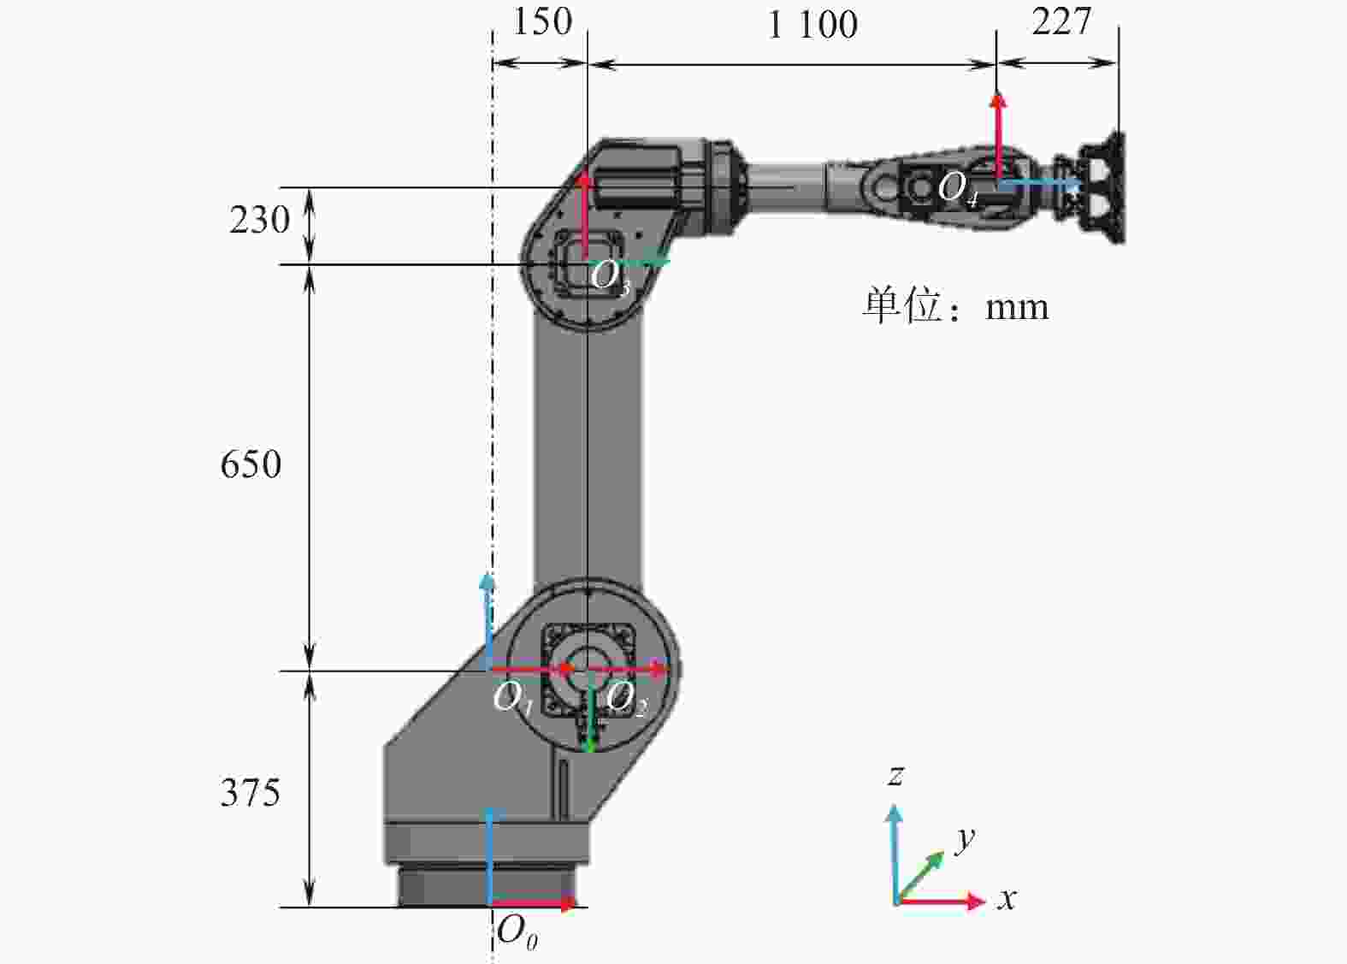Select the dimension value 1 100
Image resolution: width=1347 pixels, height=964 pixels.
(x=813, y=26)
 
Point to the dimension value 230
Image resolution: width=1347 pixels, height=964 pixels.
(x=260, y=220)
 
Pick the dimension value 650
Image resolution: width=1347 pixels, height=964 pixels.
(x=251, y=464)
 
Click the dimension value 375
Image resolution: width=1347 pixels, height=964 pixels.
(x=251, y=793)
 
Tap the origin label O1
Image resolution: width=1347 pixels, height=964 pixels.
(x=512, y=700)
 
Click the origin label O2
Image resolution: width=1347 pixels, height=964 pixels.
(x=625, y=700)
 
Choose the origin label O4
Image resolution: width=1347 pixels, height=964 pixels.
(x=959, y=189)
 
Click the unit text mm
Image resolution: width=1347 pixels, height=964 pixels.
(x=1017, y=308)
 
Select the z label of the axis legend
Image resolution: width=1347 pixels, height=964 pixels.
(x=896, y=776)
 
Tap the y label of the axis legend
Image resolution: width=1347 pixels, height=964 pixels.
(x=966, y=837)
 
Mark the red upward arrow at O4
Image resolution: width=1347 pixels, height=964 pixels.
(x=998, y=136)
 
